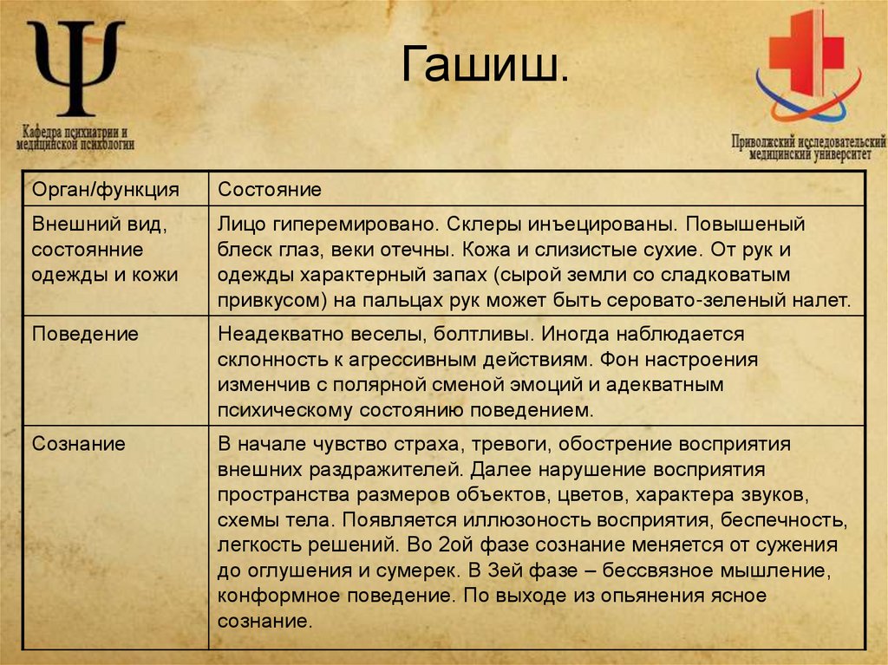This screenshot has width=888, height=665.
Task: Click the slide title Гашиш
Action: point(487,67)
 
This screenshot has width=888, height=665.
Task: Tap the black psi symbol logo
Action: point(75,68)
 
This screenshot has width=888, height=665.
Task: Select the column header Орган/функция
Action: point(106,189)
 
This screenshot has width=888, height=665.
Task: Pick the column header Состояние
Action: point(270,189)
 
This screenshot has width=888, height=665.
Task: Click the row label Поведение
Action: point(85,334)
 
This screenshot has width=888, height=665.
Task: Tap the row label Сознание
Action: point(79,444)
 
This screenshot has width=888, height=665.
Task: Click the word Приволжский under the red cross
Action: point(764,141)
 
